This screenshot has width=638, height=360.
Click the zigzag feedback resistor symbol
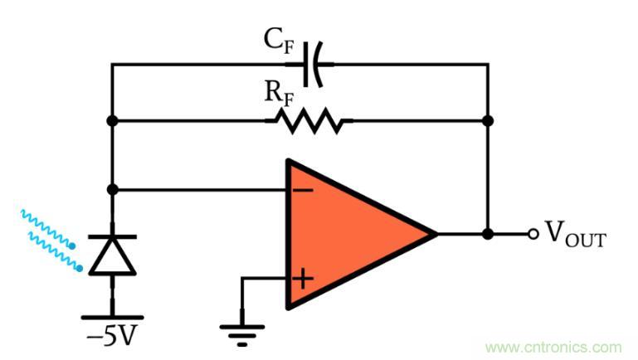pos(309,121)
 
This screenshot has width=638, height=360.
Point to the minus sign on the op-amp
pos(303,191)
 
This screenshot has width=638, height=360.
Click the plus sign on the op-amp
pos(303,278)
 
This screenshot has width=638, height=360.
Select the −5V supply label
pos(112,338)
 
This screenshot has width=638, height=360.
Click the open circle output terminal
pos(533,235)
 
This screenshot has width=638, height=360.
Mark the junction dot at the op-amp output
pos(488,235)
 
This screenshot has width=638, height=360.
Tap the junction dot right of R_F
pos(488,121)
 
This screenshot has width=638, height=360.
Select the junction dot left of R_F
pos(112,121)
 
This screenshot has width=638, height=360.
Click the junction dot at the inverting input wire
pos(112,190)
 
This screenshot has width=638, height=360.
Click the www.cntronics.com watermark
pos(553,347)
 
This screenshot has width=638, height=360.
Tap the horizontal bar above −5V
pos(112,316)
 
